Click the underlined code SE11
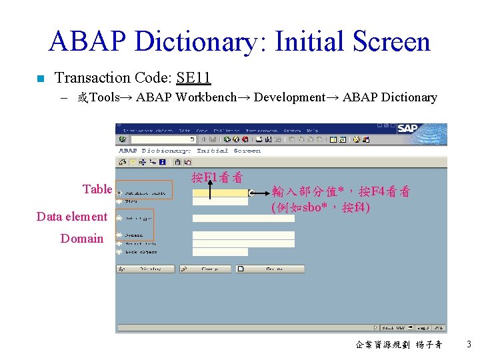193,78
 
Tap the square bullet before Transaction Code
40,79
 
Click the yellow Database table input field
219,193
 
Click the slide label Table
97,189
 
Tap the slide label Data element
71,217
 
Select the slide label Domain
82,239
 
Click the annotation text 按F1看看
217,177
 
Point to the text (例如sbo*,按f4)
320,207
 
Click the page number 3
469,345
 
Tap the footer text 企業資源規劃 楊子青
399,345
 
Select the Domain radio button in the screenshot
119,235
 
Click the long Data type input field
243,218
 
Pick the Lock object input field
219,252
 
